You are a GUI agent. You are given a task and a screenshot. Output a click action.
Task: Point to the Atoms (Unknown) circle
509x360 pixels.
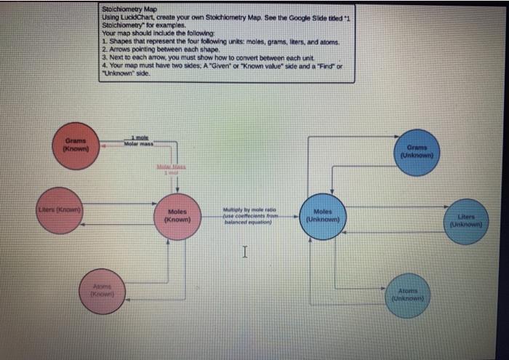click(x=408, y=294)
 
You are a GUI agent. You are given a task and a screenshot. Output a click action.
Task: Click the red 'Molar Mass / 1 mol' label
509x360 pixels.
click(x=169, y=170)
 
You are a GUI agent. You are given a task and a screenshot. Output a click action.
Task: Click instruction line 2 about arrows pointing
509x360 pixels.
click(x=161, y=49)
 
